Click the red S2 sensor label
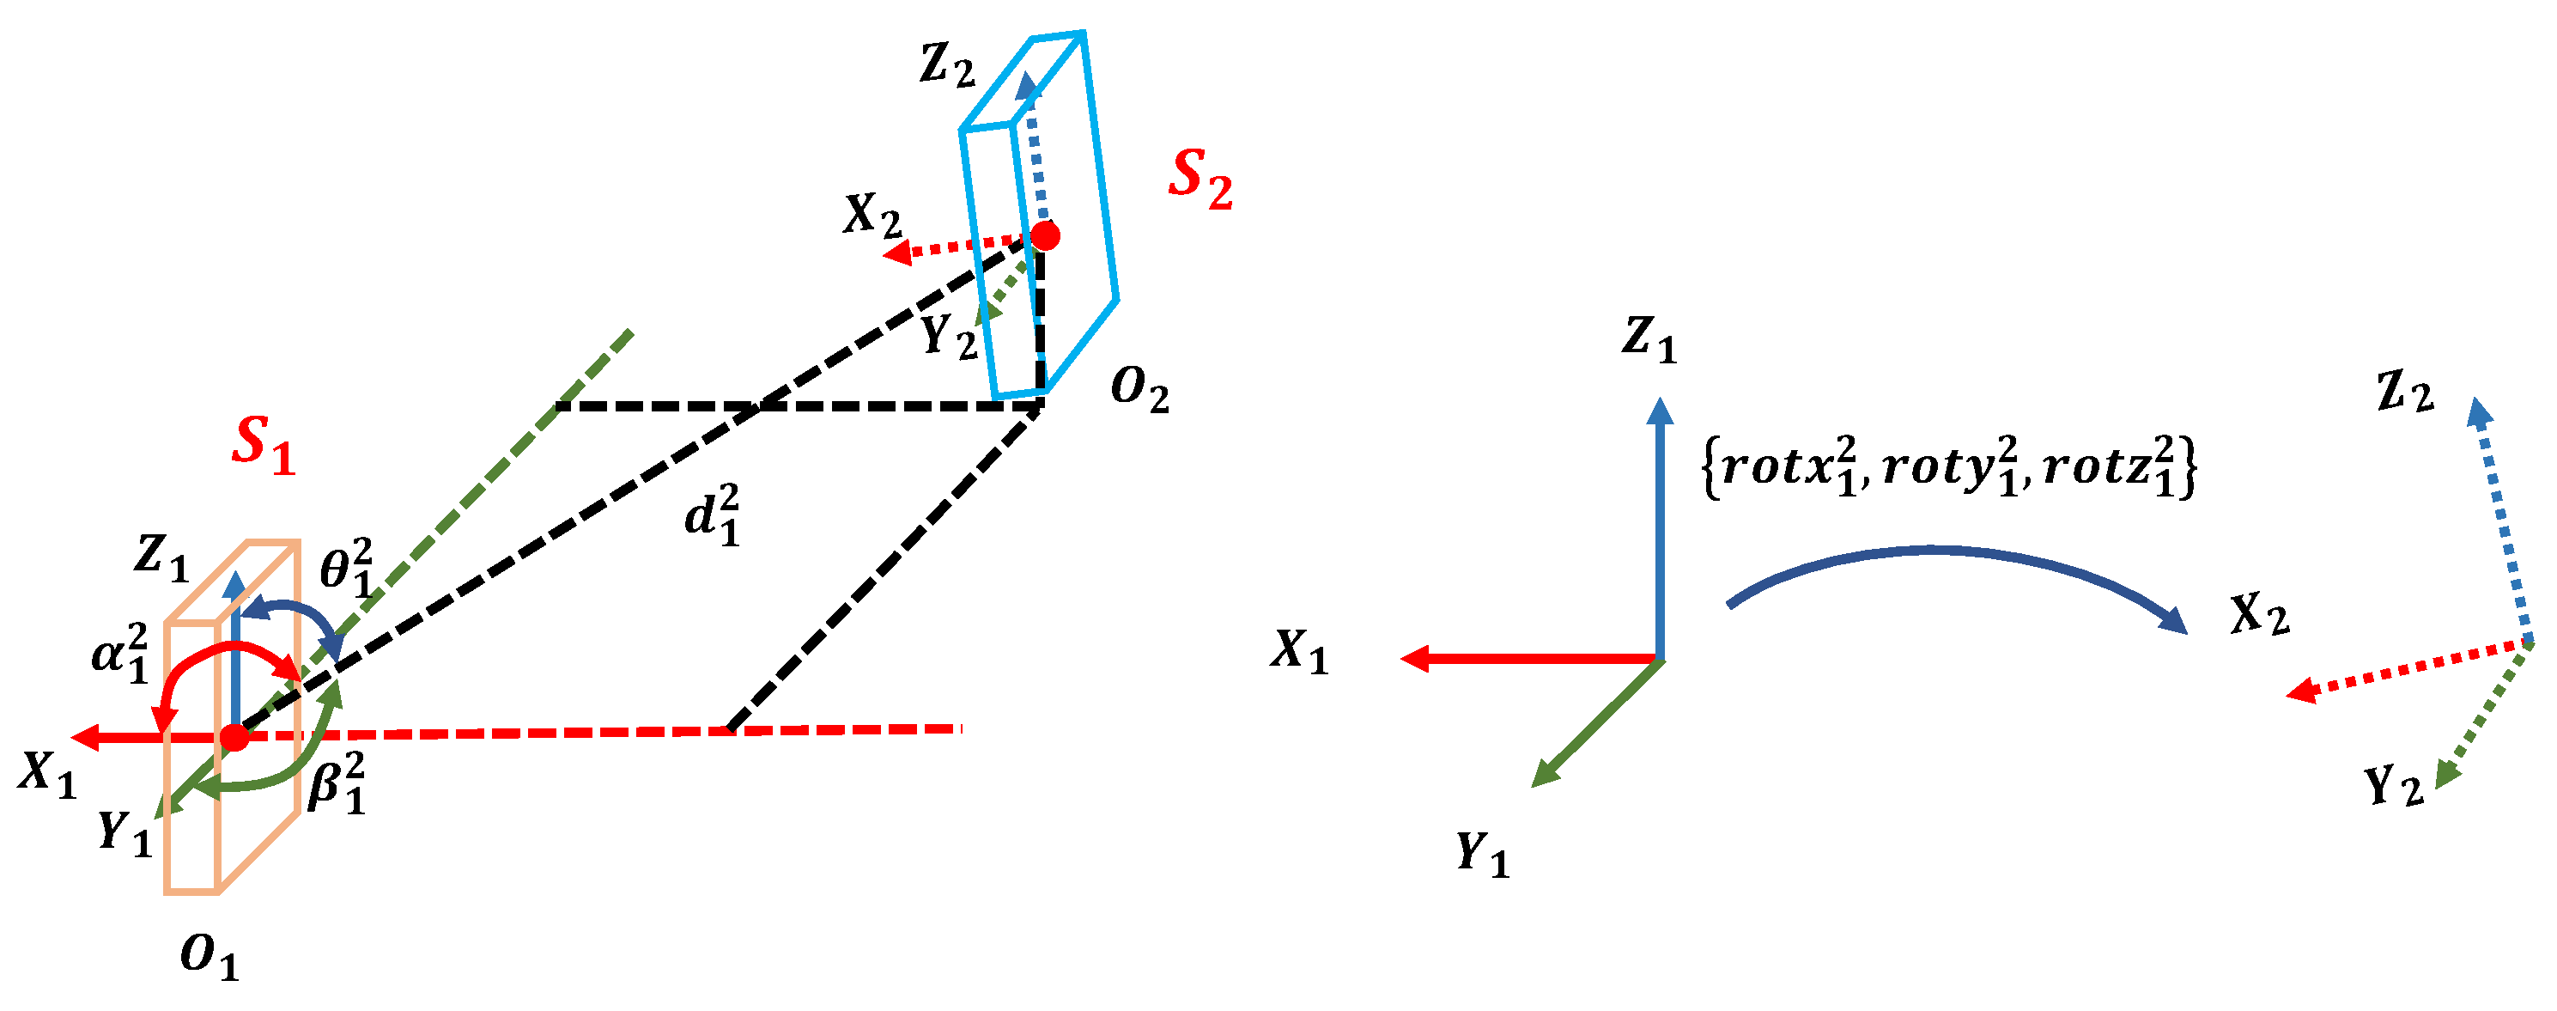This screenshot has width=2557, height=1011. tap(1200, 180)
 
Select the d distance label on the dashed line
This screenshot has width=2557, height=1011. tap(713, 515)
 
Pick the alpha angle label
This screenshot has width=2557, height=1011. tap(120, 654)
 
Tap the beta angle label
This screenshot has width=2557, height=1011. tap(337, 783)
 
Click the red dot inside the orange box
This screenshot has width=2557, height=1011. tap(234, 737)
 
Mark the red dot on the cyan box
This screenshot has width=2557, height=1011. tap(1044, 235)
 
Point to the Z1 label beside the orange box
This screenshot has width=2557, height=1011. tap(161, 557)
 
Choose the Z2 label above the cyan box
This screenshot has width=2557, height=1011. tap(948, 65)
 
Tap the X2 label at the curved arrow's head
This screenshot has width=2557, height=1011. tap(2260, 615)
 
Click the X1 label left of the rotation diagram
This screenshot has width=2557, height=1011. tap(1299, 651)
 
